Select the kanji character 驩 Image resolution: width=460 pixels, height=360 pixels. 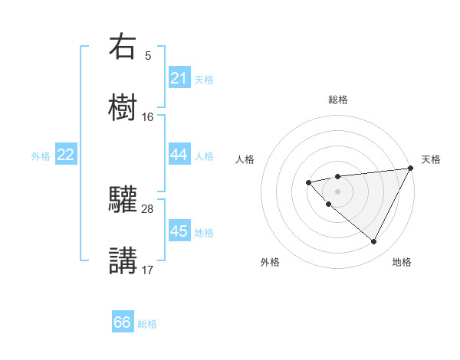[x=123, y=198]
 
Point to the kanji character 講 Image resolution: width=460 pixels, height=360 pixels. [x=123, y=259]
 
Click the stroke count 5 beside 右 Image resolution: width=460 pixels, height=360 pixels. [x=148, y=56]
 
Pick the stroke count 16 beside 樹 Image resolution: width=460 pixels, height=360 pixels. [x=148, y=116]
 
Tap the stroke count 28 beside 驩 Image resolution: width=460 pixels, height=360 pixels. [x=148, y=208]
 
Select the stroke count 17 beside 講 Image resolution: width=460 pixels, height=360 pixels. [x=148, y=270]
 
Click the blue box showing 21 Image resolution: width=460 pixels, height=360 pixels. [x=179, y=78]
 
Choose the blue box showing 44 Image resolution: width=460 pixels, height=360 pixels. [x=179, y=155]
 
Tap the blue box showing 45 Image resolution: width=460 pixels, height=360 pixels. [x=179, y=231]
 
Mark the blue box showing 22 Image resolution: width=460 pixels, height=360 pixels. [x=66, y=155]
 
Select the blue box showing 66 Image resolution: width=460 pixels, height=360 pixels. [x=123, y=322]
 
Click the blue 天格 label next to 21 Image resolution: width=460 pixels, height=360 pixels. [x=204, y=79]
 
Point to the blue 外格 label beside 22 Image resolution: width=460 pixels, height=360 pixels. [x=41, y=155]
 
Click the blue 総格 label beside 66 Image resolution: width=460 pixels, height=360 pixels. [x=147, y=323]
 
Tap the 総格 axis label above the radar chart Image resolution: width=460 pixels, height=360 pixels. [x=338, y=100]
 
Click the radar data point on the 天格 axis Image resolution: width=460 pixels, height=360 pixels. [x=411, y=168]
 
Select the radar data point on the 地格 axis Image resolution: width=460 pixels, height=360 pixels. [x=374, y=242]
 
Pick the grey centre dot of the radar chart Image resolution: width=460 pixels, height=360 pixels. [x=338, y=191]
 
